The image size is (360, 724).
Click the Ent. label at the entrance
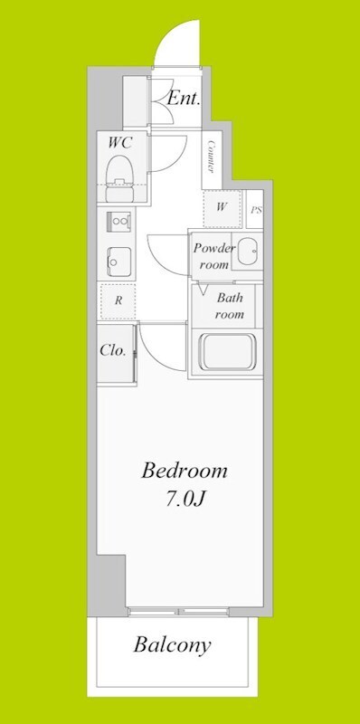coord(184,99)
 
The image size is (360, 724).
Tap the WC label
coord(120,143)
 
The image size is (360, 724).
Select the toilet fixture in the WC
coord(120,178)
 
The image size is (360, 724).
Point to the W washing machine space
coord(222,208)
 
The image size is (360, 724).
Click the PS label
coord(257,211)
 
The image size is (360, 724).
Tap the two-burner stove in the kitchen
coord(119,222)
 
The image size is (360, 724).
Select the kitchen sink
coord(118,262)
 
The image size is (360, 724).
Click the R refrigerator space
coord(118,301)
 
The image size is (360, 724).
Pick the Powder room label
coord(213,256)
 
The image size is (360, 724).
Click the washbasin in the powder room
coord(247,252)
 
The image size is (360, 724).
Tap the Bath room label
coord(230,306)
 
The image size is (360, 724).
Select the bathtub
coord(227,352)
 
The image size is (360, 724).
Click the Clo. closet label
coord(113,350)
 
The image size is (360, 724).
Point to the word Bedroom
coord(185,472)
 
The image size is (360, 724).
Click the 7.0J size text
coord(185,500)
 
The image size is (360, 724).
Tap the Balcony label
coord(172,645)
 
